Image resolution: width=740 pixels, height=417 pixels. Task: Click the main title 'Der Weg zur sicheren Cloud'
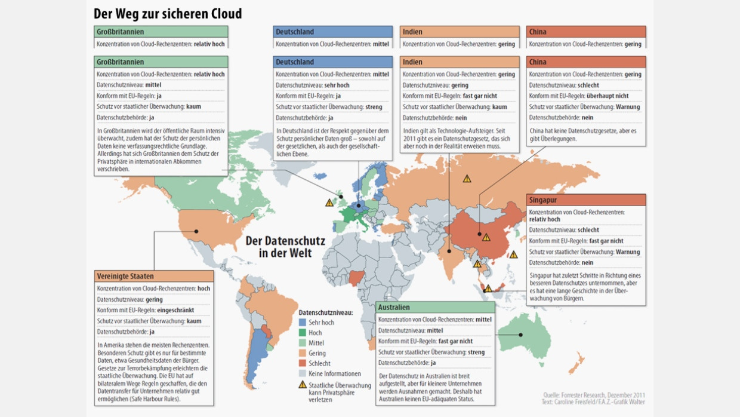(x=168, y=13)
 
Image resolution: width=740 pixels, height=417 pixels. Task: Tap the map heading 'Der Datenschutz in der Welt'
(x=285, y=247)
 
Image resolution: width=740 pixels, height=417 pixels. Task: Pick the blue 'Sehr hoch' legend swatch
(x=303, y=323)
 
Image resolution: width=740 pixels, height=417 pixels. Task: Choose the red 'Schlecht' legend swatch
(x=303, y=363)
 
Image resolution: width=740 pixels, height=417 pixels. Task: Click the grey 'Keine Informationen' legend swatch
(x=303, y=373)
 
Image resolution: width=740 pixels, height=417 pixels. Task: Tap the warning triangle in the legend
(x=303, y=385)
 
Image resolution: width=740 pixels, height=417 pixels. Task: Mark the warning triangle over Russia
(x=467, y=179)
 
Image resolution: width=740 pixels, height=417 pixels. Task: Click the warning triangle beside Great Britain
(x=329, y=203)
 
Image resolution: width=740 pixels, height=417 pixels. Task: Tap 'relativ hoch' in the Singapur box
(x=545, y=219)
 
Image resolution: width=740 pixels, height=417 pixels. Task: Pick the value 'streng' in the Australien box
(x=476, y=352)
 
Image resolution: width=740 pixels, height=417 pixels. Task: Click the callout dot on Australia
(x=520, y=335)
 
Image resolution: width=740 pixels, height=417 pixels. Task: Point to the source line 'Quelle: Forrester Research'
(x=594, y=395)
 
